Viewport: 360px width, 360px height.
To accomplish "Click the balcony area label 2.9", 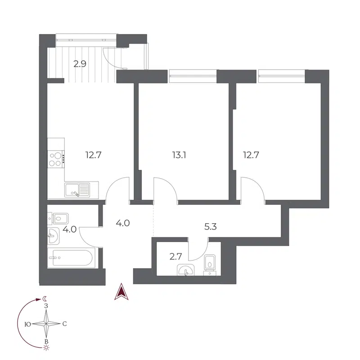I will click(x=80, y=63).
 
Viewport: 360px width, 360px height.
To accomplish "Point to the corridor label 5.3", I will click(x=211, y=226).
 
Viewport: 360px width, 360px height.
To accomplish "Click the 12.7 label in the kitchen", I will click(x=94, y=155).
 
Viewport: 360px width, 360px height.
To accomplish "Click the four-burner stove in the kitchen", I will click(x=56, y=158).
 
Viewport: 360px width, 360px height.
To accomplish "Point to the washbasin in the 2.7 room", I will click(x=185, y=270).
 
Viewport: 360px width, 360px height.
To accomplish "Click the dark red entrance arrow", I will click(x=121, y=292).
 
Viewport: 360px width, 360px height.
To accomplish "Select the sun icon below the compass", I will click(x=46, y=347).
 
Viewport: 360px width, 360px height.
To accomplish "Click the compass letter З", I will click(x=46, y=306).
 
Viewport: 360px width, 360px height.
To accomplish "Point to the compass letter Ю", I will click(x=28, y=324).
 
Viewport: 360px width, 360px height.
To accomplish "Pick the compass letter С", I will click(x=65, y=324).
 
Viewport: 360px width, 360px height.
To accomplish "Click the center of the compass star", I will click(x=46, y=324).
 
